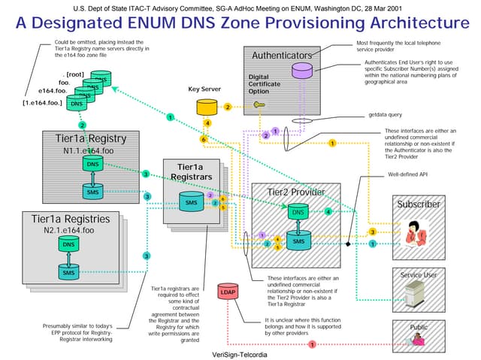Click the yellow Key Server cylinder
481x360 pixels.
tap(204, 107)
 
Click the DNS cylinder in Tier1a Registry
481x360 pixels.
tap(92, 164)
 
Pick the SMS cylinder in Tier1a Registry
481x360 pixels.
tap(92, 192)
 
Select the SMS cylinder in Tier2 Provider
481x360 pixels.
tap(298, 241)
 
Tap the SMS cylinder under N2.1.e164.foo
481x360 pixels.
tap(68, 272)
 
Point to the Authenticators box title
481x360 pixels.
tap(282, 56)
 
